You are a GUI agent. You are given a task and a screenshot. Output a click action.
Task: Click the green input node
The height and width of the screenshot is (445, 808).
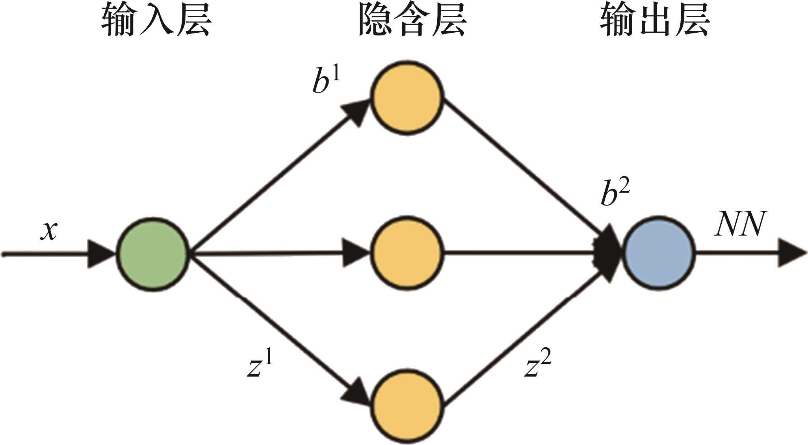[x=152, y=254]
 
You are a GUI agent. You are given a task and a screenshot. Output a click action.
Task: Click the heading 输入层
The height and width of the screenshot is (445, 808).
[x=156, y=22]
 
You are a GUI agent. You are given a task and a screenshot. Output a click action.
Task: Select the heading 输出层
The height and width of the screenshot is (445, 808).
[x=655, y=22]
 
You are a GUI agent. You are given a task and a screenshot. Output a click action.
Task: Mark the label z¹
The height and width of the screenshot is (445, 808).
[x=260, y=366]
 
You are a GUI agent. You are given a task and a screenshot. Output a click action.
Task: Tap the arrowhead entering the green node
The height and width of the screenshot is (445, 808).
[x=100, y=254]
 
